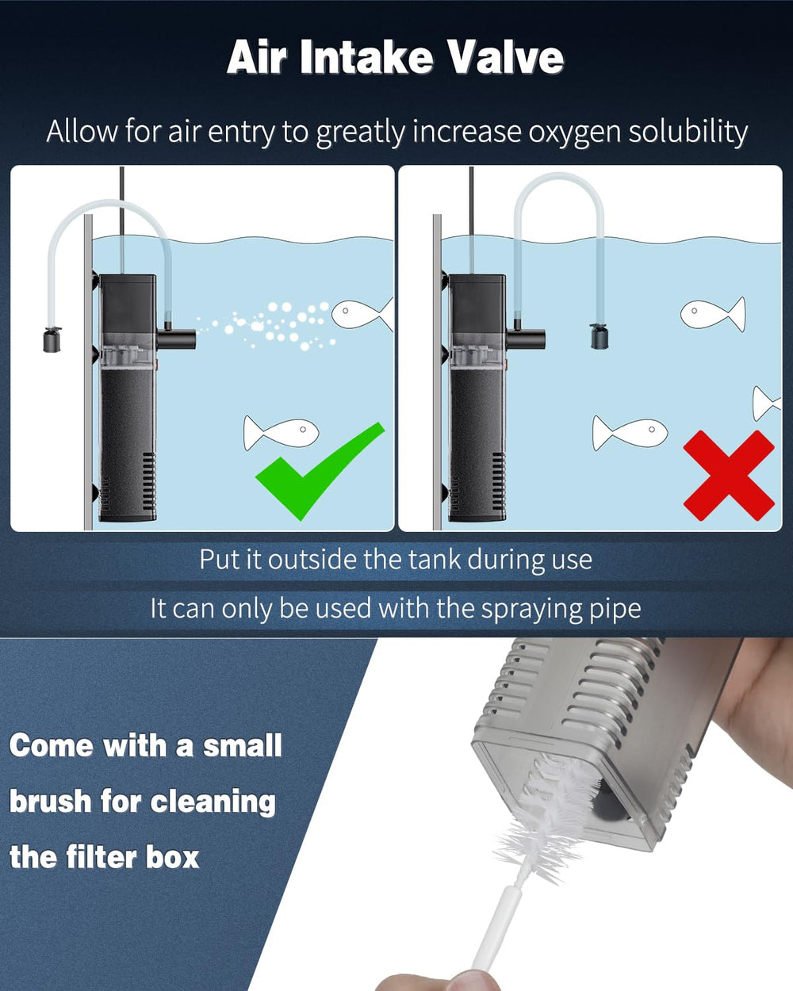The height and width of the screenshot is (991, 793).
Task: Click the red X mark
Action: pyautogui.click(x=729, y=476)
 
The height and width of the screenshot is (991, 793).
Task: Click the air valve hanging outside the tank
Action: pyautogui.click(x=52, y=339)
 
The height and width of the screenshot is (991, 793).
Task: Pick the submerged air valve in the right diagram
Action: pyautogui.click(x=600, y=335)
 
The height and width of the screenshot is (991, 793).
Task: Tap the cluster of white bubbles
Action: pyautogui.click(x=267, y=326)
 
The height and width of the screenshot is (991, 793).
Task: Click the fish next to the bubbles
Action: pyautogui.click(x=362, y=315)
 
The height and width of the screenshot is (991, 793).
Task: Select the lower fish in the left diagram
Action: pyautogui.click(x=281, y=433)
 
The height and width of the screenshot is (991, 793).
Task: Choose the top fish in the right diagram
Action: pyautogui.click(x=713, y=314)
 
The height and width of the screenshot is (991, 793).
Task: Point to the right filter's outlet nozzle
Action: pyautogui.click(x=526, y=339)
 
